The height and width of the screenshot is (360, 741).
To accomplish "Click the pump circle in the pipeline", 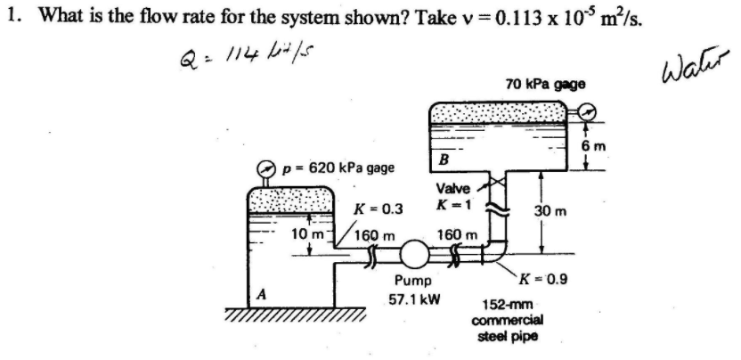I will coord(412,253).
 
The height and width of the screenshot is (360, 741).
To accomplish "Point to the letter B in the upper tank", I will coord(443,159).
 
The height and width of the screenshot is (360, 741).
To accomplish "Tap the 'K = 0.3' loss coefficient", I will coord(379,209).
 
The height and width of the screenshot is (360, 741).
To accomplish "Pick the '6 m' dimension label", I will coord(611,146).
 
